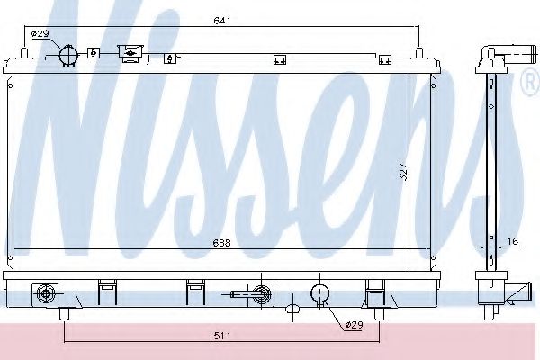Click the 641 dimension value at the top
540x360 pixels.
click(222, 21)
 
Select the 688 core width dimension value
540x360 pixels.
click(221, 243)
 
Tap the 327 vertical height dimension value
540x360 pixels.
click(403, 172)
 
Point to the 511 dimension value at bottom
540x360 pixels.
click(222, 335)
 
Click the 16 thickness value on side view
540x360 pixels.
click(513, 241)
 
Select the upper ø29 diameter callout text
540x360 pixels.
click(40, 34)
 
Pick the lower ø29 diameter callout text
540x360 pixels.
click(354, 325)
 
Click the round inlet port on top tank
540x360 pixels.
click(68, 55)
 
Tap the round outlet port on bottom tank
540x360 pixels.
click(319, 293)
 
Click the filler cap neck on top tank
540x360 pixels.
click(130, 54)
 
